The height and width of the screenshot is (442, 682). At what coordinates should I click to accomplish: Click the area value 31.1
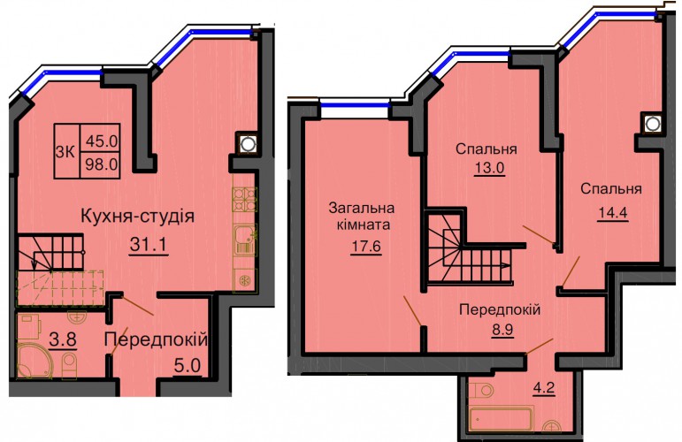(149, 245)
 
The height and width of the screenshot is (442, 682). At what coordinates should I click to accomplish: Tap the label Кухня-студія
(138, 216)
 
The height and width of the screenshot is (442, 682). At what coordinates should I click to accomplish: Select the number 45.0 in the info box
(103, 141)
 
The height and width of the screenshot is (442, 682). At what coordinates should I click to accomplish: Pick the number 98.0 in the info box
(103, 164)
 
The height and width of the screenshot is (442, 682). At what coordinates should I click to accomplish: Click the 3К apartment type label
(66, 153)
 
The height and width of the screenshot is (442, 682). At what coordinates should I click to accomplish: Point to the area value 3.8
(63, 340)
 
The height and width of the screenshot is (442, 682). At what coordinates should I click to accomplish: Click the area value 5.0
(188, 366)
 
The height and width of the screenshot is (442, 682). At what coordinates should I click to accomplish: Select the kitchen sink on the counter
(245, 240)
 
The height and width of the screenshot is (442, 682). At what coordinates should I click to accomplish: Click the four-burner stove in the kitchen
(244, 199)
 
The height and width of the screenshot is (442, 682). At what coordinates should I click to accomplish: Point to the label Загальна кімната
(362, 216)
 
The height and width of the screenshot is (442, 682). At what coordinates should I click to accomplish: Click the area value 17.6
(366, 247)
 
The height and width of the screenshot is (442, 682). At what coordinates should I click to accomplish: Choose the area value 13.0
(489, 167)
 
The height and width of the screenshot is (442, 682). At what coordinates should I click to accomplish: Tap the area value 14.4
(612, 213)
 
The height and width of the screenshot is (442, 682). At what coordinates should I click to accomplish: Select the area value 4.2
(544, 386)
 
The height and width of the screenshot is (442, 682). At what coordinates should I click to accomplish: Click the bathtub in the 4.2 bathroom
(500, 420)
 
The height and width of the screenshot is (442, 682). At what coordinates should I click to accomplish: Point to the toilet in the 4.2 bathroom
(480, 390)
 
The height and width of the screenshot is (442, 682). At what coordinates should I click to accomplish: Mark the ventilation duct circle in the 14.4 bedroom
(652, 124)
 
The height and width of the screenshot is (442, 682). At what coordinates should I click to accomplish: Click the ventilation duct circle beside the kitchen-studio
(247, 144)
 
